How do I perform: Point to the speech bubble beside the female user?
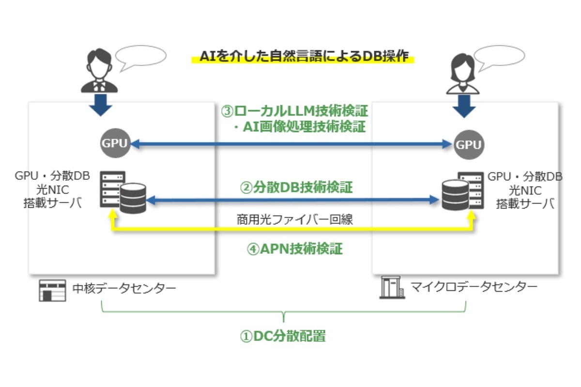pyautogui.click(x=499, y=59)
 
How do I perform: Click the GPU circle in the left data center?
pyautogui.click(x=115, y=144)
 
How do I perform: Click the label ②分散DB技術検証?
pyautogui.click(x=296, y=187)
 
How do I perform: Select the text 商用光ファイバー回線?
pyautogui.click(x=295, y=219)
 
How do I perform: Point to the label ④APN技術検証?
pyautogui.click(x=295, y=249)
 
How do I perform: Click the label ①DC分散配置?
pyautogui.click(x=283, y=336)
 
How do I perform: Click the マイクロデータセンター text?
pyautogui.click(x=474, y=287)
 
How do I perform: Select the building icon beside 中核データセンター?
pyautogui.click(x=52, y=290)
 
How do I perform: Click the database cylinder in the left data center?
pyautogui.click(x=133, y=198)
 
